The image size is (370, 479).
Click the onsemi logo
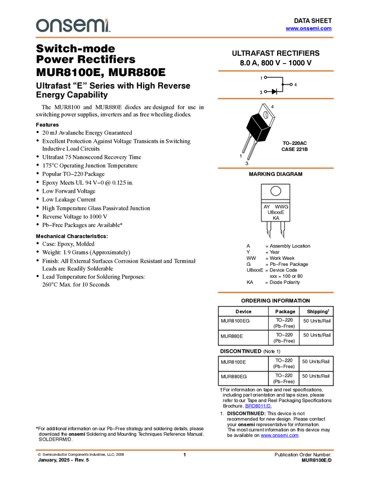[x=73, y=26]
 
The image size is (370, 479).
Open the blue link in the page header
[x=309, y=29]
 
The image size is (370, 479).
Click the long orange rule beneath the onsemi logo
[x=185, y=38]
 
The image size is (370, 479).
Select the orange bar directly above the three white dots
[x=275, y=71]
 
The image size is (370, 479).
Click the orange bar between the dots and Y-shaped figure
[x=275, y=99]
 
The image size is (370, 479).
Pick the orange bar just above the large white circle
[x=275, y=168]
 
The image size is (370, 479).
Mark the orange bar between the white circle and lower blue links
[x=275, y=292]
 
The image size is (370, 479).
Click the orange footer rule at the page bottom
[x=185, y=450]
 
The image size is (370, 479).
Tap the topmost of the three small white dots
[x=265, y=77]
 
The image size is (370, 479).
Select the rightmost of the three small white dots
[x=291, y=85]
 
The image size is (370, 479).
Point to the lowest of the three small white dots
[x=265, y=91]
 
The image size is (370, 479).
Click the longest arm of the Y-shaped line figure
[x=256, y=123]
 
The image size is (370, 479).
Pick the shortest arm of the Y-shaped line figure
[x=265, y=129]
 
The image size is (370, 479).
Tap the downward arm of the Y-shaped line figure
[x=258, y=136]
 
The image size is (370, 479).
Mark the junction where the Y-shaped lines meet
[x=261, y=130]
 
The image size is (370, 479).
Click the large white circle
[x=275, y=191]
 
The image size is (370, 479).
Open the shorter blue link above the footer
[x=258, y=406]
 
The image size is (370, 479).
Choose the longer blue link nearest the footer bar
[x=280, y=436]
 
